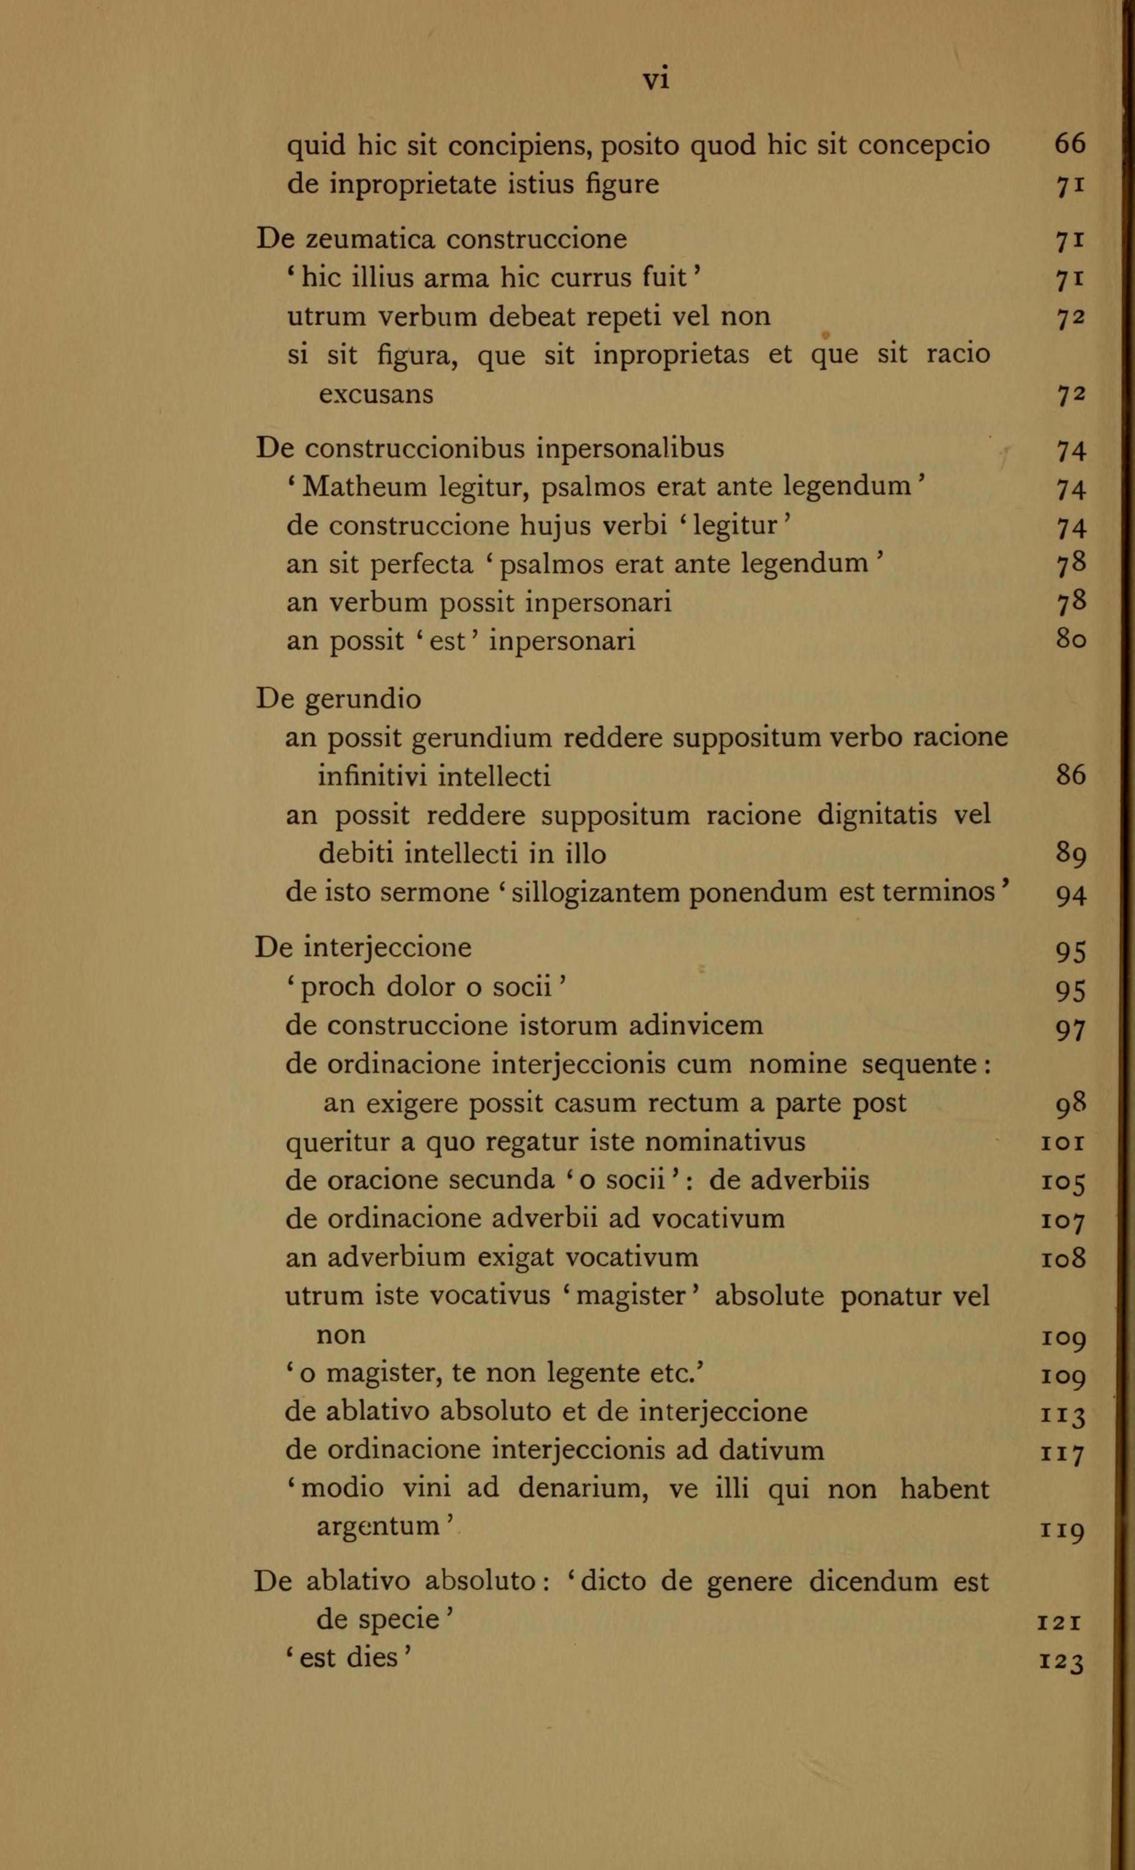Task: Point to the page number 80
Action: [x=1071, y=641]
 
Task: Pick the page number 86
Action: [x=1071, y=776]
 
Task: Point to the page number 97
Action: [x=1071, y=1030]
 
